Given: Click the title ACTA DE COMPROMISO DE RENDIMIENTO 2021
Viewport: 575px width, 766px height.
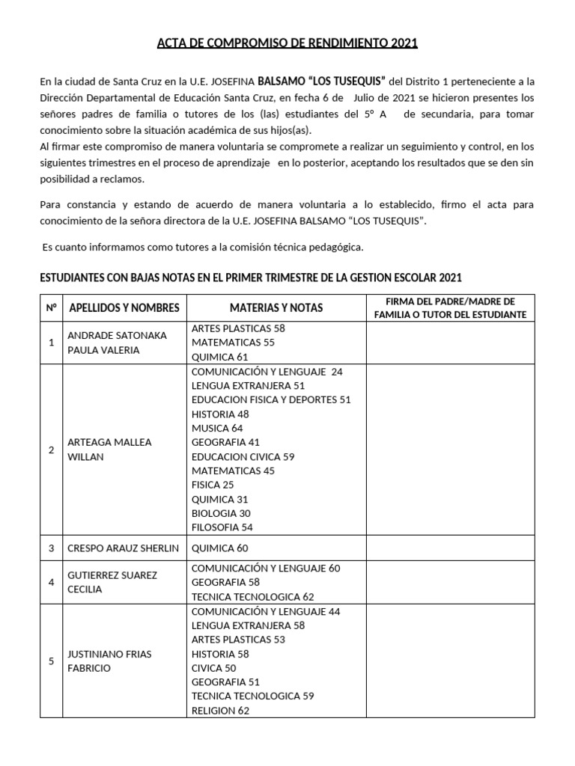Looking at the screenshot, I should coord(287,43).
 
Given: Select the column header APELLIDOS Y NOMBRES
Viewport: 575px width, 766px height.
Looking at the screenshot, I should coord(124,307).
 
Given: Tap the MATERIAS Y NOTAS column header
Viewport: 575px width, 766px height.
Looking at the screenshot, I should coord(276,307).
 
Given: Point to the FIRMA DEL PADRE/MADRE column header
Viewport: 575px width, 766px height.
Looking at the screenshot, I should coord(450,307).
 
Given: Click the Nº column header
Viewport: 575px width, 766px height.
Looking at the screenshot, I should coord(51,307).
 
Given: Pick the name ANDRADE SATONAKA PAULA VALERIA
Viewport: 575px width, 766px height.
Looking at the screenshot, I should coord(117,343).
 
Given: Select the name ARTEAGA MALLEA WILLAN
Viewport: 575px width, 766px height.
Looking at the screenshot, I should coord(109,449).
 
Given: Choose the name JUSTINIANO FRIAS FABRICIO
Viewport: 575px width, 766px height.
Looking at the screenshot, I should coord(109,661).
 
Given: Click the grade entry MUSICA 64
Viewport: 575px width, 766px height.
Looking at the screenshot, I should coord(217,428).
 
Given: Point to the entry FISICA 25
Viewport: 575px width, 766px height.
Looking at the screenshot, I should coord(213,485).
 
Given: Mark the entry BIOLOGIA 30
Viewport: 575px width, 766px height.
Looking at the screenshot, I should coord(221,513).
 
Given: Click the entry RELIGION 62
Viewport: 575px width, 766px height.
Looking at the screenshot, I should coord(220,711).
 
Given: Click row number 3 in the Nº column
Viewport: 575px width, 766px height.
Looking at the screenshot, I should coord(51,548).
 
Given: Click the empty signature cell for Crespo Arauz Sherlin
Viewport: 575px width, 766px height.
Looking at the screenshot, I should coord(450,548).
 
